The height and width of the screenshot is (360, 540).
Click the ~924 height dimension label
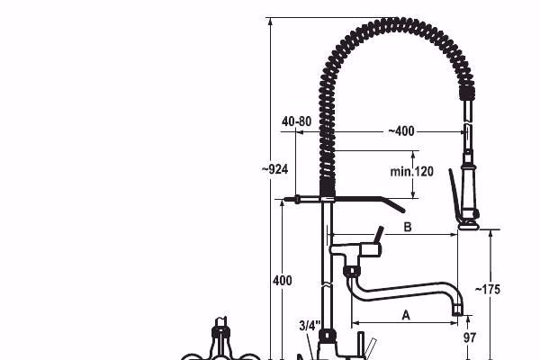274,169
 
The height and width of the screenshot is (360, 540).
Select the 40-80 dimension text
296,121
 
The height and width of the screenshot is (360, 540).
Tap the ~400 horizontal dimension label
401,130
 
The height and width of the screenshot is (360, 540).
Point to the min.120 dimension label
411,171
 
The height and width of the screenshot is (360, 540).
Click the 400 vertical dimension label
283,281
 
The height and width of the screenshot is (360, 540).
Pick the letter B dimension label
408,227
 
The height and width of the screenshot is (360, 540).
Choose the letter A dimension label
406,315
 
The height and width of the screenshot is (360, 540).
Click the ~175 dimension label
487,290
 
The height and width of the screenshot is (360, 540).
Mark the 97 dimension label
470,337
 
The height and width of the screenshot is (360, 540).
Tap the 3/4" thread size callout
310,326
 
